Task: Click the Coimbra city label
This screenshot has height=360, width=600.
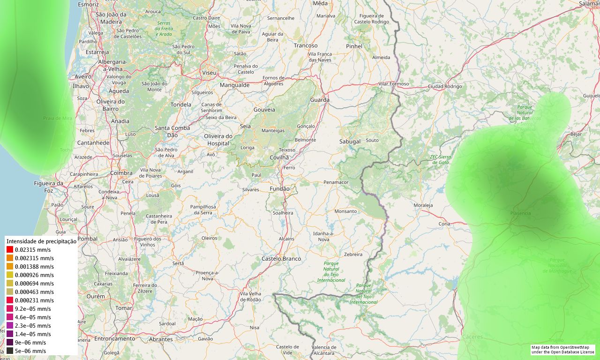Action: (x=121, y=173)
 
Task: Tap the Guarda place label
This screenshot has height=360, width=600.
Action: (x=320, y=100)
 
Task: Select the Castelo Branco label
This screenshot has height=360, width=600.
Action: (x=281, y=259)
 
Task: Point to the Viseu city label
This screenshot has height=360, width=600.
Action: (x=209, y=73)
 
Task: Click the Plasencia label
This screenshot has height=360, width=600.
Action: (x=520, y=213)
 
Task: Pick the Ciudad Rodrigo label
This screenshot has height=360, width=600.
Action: (x=445, y=86)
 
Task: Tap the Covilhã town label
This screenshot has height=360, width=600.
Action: (x=279, y=157)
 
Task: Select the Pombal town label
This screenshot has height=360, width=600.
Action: (x=88, y=239)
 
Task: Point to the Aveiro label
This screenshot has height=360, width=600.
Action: (x=83, y=76)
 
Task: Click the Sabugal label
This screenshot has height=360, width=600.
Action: (x=350, y=141)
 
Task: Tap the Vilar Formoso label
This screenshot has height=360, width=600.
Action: (x=394, y=84)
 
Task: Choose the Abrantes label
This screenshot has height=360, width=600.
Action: (x=160, y=339)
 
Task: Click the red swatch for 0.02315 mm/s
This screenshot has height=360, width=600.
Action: (x=10, y=250)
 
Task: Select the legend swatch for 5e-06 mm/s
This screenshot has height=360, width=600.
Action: (x=10, y=351)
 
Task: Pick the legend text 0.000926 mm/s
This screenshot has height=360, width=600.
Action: (x=34, y=275)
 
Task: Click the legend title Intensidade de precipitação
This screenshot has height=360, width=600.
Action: (x=41, y=241)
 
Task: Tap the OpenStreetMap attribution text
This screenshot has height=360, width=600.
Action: (x=562, y=350)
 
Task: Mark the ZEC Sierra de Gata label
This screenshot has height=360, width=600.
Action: (x=441, y=159)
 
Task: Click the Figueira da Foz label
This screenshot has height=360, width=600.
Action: (x=49, y=187)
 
